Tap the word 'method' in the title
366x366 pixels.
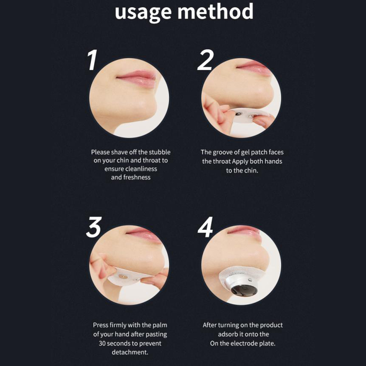point(216,11)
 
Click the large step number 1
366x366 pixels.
point(92,60)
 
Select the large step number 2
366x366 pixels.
point(205,60)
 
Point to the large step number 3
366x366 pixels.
point(94,227)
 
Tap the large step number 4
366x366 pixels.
point(205,227)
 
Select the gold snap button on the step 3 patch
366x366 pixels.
point(123,277)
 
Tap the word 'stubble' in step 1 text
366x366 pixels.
point(160,152)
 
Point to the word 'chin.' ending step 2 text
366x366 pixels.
point(251,170)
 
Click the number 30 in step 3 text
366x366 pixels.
point(102,344)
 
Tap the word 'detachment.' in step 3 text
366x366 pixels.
point(130,352)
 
